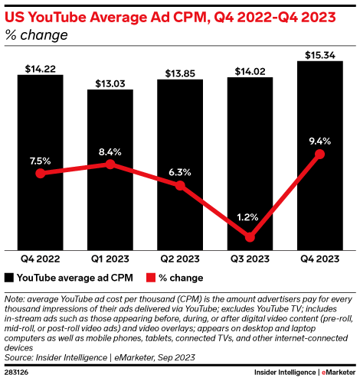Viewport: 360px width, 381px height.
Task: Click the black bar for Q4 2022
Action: [41, 199]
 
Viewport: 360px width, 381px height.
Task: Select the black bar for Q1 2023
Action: [110, 207]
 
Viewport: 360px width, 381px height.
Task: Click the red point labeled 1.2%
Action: [250, 236]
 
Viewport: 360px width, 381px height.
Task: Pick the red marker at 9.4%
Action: [319, 155]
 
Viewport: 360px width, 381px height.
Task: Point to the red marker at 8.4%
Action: [110, 164]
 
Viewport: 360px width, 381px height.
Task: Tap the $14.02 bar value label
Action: [250, 70]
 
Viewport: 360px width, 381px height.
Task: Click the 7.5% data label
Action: [40, 161]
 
